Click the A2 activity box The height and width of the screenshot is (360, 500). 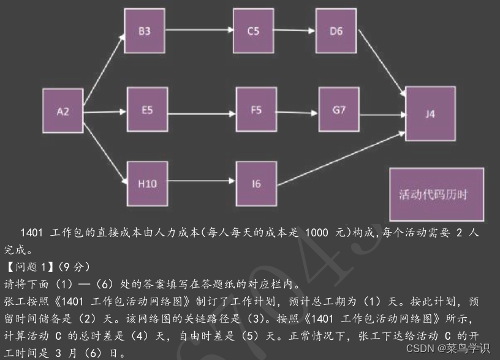pyautogui.click(x=63, y=111)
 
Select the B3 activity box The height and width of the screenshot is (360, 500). pyautogui.click(x=145, y=31)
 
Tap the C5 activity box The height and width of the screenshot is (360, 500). pyautogui.click(x=253, y=31)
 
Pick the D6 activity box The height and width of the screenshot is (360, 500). pyautogui.click(x=336, y=31)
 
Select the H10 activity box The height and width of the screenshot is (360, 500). pyautogui.click(x=147, y=184)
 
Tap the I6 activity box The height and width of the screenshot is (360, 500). pyautogui.click(x=256, y=184)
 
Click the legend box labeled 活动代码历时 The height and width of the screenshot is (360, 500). pyautogui.click(x=437, y=195)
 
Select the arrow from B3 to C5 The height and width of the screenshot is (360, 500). pyautogui.click(x=199, y=31)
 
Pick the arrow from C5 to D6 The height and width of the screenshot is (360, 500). pyautogui.click(x=295, y=31)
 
